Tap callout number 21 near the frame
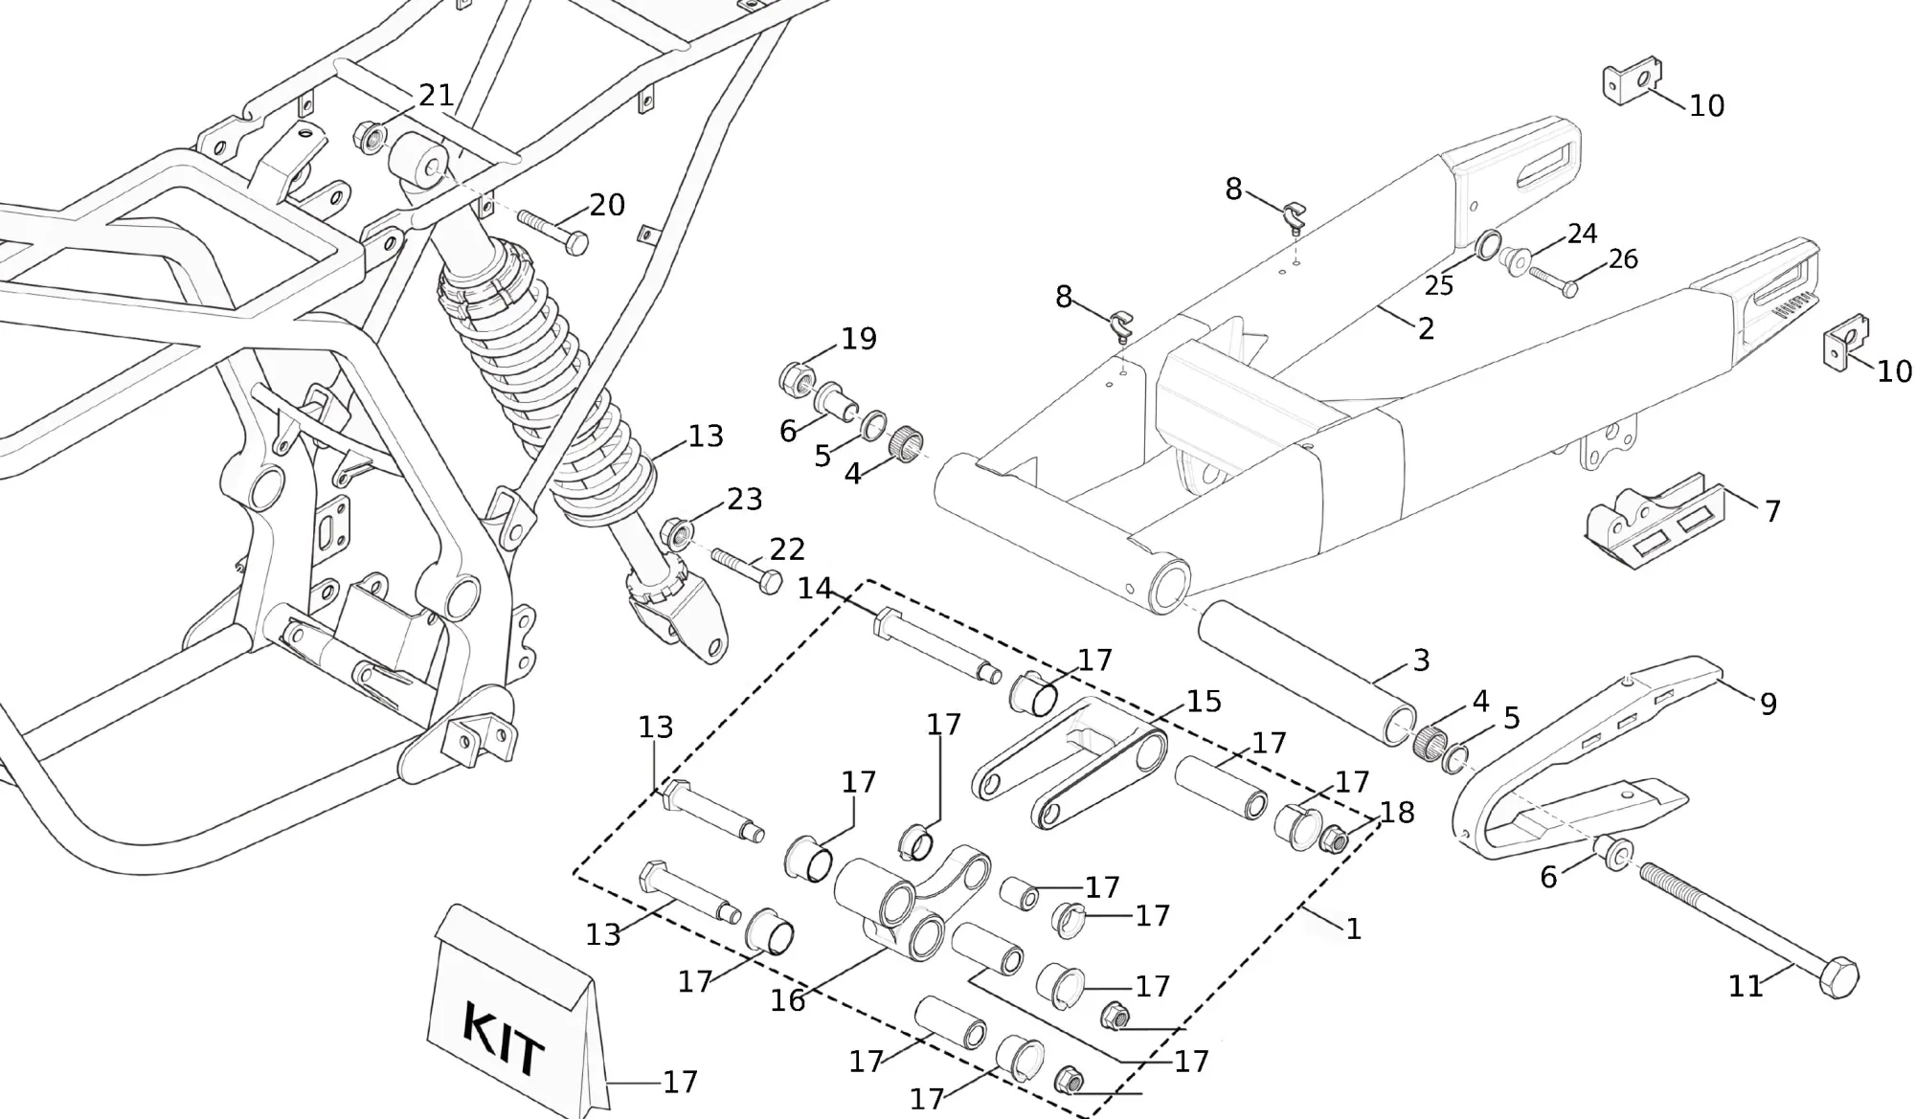point(436,95)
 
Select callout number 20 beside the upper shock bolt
point(607,205)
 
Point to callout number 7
point(1772,512)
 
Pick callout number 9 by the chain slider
point(1769,705)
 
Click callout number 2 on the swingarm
point(1426,328)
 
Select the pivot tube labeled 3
point(1308,674)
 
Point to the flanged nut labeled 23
point(677,531)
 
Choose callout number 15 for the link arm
point(1204,702)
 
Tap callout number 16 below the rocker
point(788,1000)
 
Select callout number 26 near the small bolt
point(1623,258)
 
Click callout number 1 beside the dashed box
point(1353,929)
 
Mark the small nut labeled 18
point(1333,841)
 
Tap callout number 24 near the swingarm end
point(1582,234)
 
